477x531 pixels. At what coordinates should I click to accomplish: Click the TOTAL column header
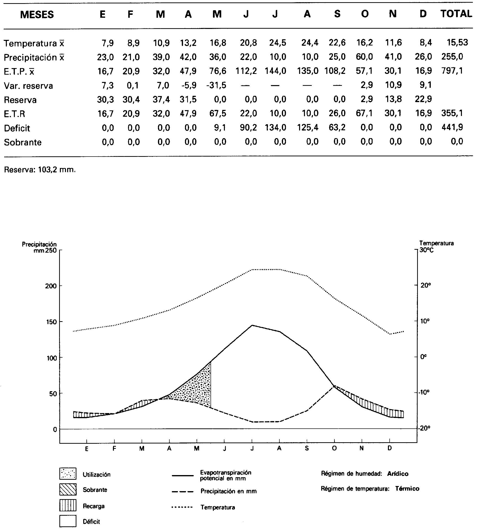[456, 14]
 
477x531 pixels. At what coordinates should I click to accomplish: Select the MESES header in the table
[37, 14]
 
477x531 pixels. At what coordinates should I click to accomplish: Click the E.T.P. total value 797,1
[452, 71]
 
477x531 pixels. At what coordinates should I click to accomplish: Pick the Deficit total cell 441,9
[452, 127]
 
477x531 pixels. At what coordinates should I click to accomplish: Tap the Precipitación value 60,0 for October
[364, 57]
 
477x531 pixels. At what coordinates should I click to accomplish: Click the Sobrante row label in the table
[23, 142]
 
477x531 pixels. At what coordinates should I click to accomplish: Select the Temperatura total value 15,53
[457, 42]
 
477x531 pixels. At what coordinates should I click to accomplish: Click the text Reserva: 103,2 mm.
[40, 170]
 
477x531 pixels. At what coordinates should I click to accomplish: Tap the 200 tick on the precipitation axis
[51, 286]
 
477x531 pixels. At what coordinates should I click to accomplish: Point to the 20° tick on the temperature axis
[426, 285]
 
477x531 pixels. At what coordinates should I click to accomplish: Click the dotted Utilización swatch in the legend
[68, 474]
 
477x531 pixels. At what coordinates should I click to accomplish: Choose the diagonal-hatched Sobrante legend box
[68, 489]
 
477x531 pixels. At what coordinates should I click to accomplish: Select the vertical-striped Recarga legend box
[68, 505]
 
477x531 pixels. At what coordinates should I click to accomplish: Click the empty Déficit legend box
[68, 521]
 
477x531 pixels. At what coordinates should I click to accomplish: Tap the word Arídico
[398, 474]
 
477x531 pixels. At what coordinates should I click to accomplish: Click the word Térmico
[407, 489]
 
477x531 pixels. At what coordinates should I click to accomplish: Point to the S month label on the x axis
[307, 448]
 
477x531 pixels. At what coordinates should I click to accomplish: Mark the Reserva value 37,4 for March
[161, 99]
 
